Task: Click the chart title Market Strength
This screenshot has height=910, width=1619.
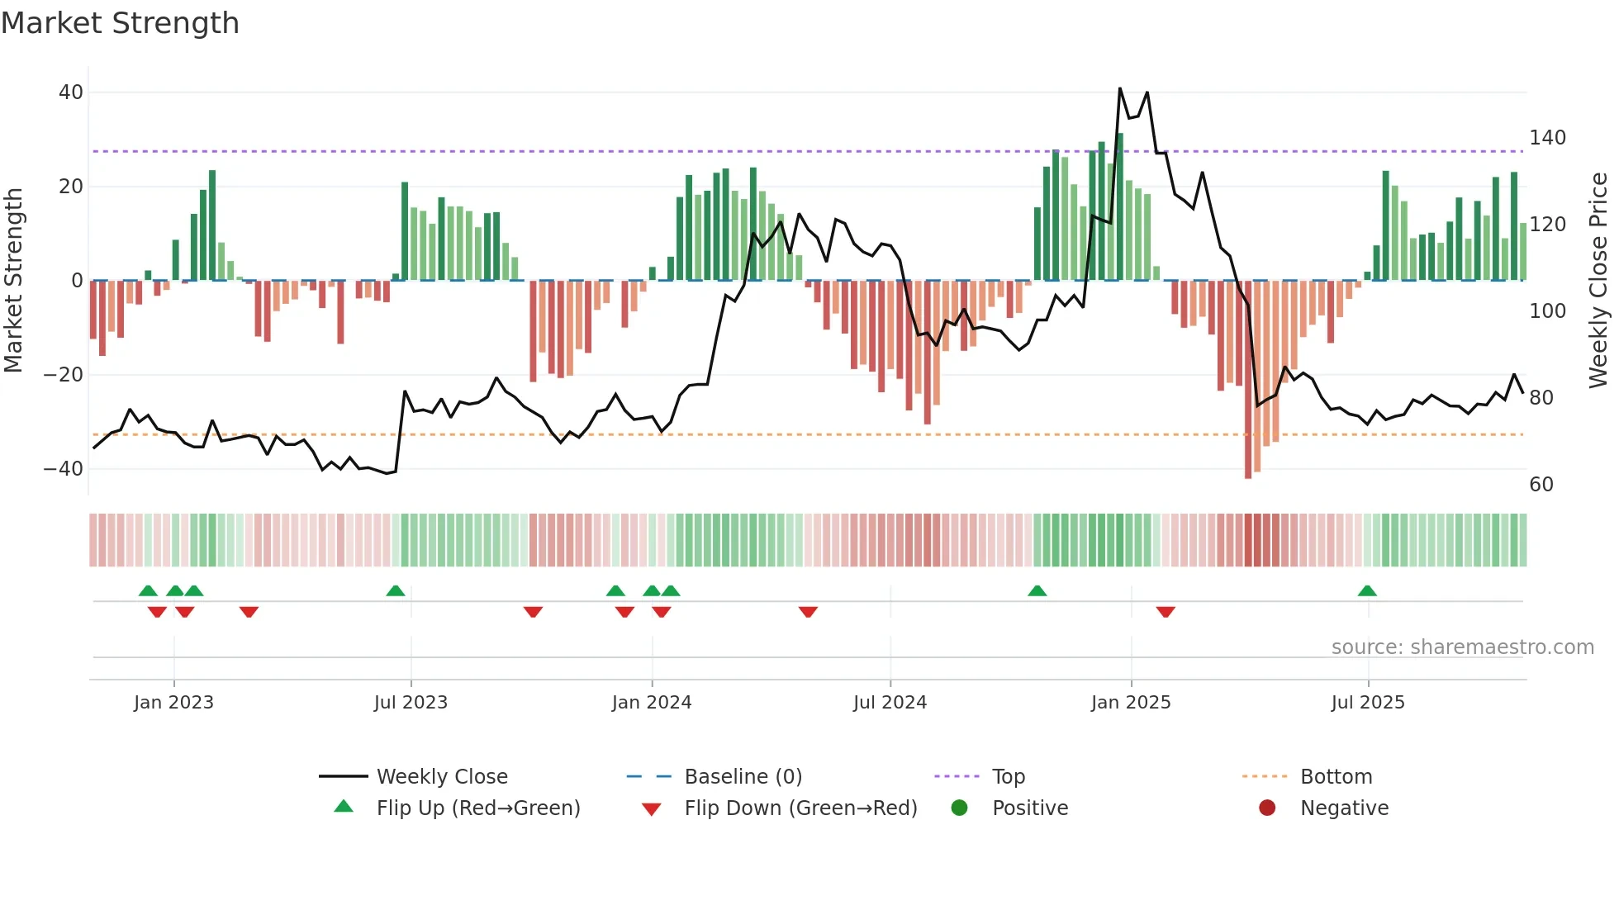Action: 120,23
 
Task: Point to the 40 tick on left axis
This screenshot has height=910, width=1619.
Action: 71,92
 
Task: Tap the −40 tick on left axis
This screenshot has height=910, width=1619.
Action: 64,469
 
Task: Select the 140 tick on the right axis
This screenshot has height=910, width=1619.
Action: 1547,138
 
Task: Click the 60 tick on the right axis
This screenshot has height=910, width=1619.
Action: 1541,485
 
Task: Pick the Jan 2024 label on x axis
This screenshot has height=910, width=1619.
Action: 652,703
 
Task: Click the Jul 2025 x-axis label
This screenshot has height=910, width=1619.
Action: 1368,703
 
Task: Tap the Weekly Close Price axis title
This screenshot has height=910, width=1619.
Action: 1598,281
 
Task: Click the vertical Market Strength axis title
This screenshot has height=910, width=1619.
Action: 14,281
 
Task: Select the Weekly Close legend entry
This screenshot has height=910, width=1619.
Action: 442,777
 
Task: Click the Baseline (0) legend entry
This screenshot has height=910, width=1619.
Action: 743,777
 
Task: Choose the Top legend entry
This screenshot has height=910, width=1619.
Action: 1008,777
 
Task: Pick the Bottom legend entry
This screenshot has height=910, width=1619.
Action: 1336,777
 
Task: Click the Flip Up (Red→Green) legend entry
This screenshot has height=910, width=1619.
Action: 477,808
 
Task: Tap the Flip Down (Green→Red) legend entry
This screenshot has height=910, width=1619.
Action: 800,808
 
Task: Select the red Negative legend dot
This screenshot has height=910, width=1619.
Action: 1267,808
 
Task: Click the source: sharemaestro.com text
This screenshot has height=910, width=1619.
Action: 1462,647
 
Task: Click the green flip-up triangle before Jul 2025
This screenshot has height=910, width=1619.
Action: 1367,591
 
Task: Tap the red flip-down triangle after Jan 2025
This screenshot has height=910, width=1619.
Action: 1166,612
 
